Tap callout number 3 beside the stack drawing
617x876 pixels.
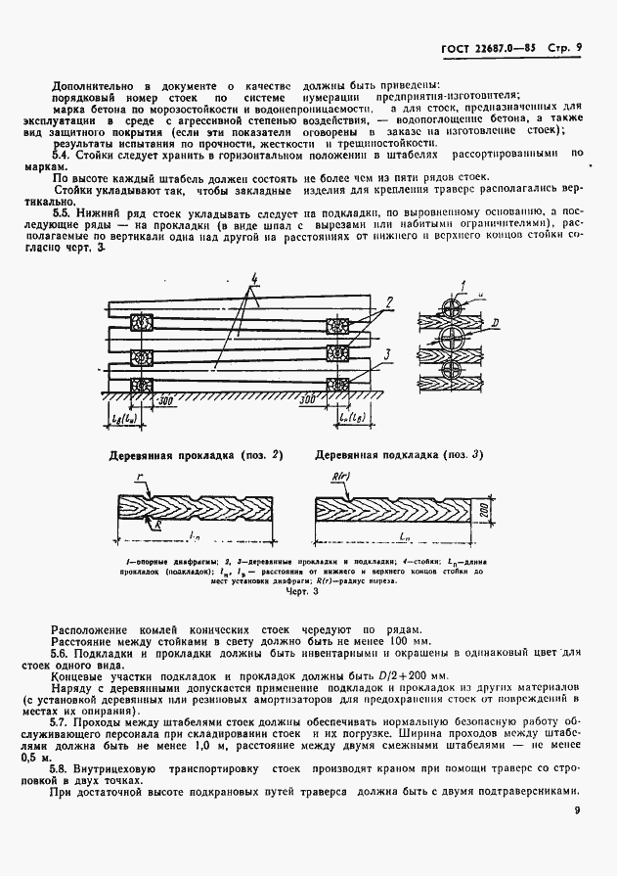pyautogui.click(x=387, y=354)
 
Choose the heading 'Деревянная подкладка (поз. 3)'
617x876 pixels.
pyautogui.click(x=398, y=455)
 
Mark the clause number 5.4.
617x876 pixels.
pyautogui.click(x=60, y=154)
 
